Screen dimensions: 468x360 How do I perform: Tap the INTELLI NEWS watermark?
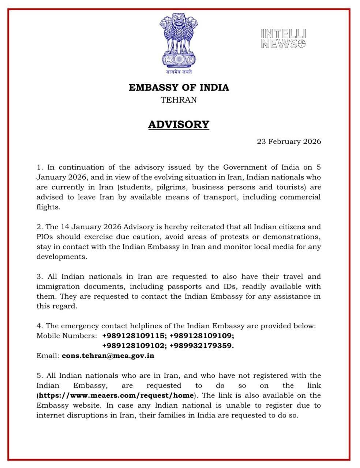284,39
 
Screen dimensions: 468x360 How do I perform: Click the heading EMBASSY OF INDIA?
179,88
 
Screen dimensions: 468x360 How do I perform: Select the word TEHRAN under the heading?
179,100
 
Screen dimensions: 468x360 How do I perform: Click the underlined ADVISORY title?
179,125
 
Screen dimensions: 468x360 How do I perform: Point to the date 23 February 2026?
289,141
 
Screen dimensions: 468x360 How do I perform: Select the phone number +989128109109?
202,336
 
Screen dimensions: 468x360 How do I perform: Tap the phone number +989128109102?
134,346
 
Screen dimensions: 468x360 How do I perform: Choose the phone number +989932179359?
202,346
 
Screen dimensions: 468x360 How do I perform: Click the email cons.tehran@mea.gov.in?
108,355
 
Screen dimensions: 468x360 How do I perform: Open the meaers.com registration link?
116,395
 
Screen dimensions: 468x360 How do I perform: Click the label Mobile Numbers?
67,336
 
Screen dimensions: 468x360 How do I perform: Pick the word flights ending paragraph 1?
48,207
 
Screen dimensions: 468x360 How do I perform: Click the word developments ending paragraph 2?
61,257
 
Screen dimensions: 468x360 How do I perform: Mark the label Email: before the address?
48,355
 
